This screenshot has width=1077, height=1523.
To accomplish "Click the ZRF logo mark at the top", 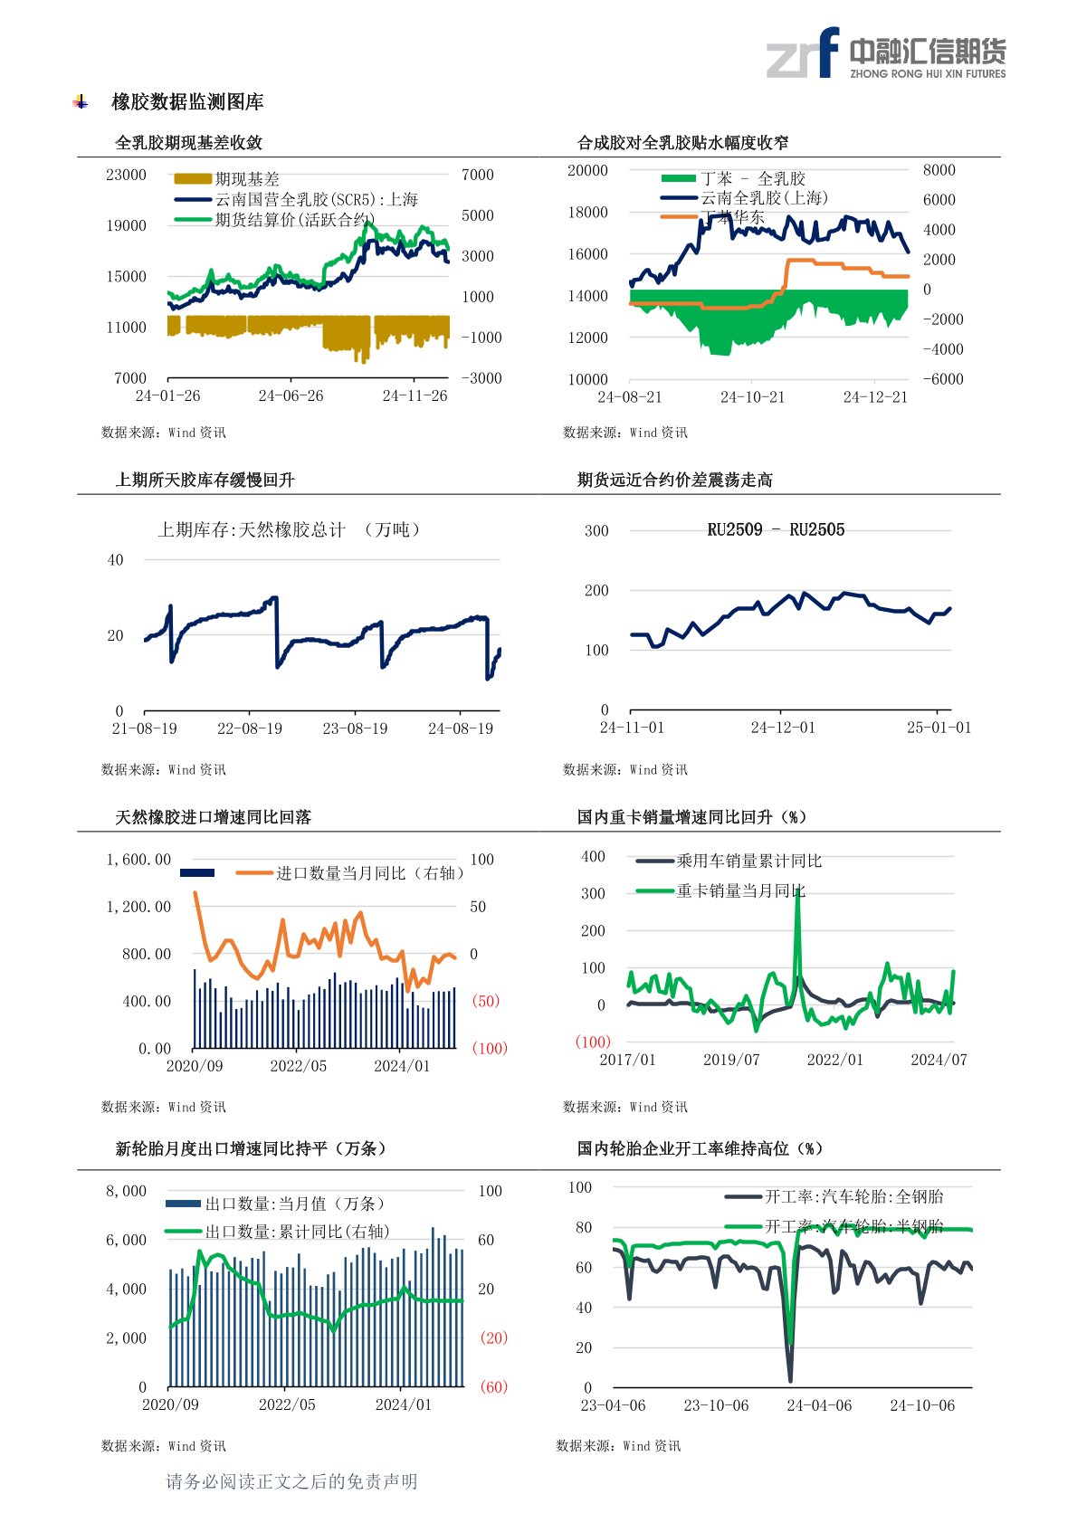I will coord(803,53).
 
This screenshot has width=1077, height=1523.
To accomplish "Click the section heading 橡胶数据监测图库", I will coord(187,102).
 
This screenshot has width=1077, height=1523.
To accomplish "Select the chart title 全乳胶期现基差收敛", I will coord(189,142).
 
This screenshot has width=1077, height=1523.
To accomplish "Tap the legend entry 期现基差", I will coord(246,179).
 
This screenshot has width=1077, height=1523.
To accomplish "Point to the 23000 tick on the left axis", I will coord(126,175).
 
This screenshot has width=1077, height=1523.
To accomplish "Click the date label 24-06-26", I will coord(291,395).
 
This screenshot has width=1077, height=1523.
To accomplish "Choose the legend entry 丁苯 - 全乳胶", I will coord(752,178).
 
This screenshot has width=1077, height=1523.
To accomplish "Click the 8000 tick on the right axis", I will coord(939,170).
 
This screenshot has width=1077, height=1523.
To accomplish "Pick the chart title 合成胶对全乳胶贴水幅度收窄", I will coord(682,142).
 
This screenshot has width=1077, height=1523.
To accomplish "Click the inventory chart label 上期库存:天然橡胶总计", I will coord(253,529).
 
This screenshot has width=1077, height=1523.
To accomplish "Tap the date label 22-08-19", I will coord(250,728).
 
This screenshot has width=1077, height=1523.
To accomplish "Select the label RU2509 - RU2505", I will coord(776,529).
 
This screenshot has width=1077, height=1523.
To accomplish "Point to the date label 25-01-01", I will coord(939,728).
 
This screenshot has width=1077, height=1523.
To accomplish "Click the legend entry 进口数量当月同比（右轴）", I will coord(369,873).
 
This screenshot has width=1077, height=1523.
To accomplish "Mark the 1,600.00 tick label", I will coord(138,860).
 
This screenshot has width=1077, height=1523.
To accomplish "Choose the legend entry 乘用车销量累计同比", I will coord(748,861).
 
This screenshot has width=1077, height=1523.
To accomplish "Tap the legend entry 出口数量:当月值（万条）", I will coord(295,1204).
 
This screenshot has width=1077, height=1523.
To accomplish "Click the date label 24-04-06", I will coord(819,1405).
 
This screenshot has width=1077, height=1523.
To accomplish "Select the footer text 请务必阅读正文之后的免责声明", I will coord(291,1481).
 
